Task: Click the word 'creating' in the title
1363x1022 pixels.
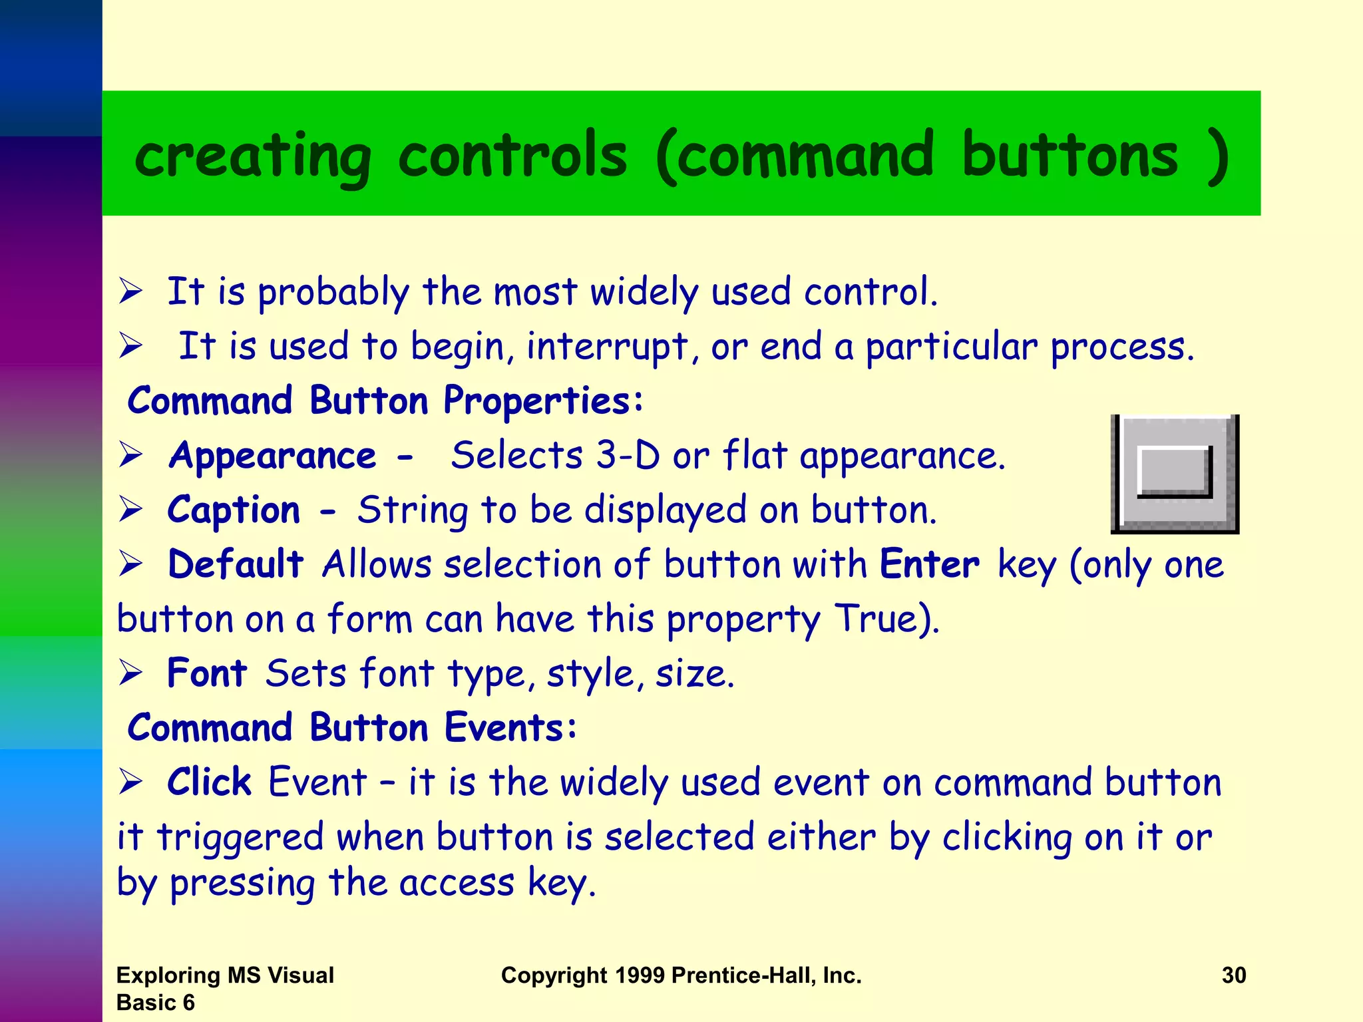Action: tap(252, 157)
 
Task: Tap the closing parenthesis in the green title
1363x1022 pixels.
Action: tap(1218, 157)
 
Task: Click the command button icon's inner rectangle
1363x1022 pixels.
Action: tap(1174, 471)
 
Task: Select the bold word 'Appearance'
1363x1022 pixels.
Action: tap(272, 456)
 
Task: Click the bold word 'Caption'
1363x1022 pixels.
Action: tap(234, 511)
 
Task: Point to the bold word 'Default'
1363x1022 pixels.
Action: tap(236, 565)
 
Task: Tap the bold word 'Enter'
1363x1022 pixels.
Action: tap(929, 565)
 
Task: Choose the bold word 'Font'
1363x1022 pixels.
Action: tap(207, 673)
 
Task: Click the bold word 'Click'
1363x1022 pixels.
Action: tap(209, 782)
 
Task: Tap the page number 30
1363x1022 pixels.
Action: tap(1233, 975)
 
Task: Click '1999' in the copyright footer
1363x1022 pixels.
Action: tap(640, 975)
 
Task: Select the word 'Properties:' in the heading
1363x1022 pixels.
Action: tap(543, 402)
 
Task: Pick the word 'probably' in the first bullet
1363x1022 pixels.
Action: tap(333, 293)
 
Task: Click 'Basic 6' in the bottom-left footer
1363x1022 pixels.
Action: tap(155, 1003)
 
